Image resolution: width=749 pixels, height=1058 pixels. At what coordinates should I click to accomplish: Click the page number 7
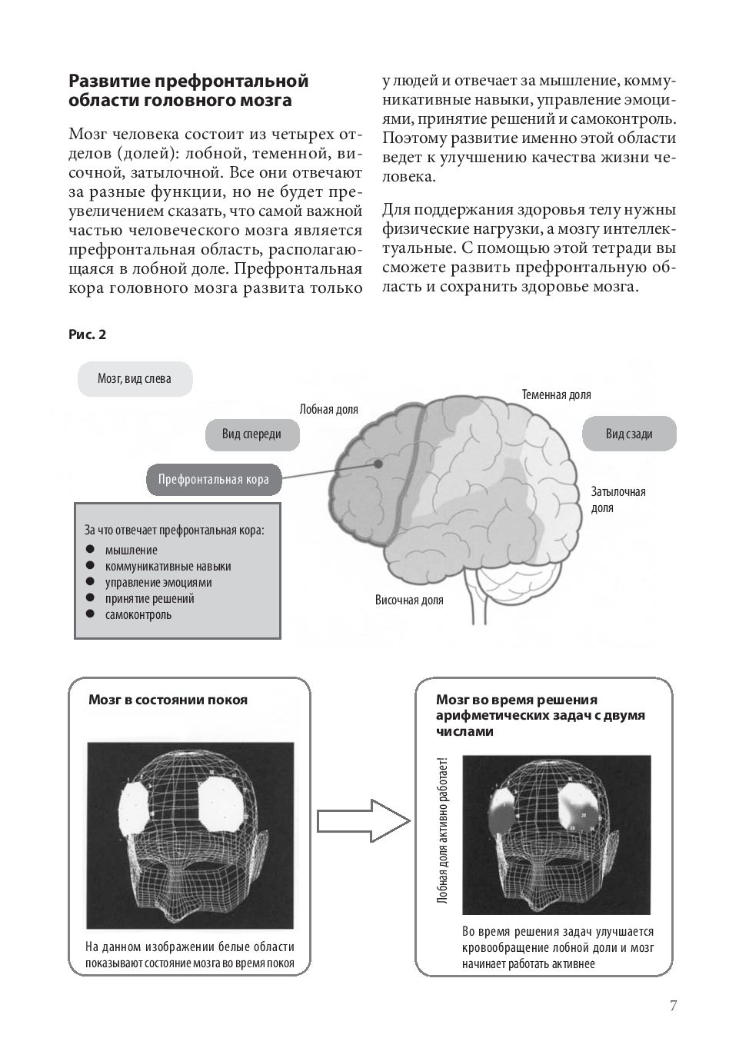tap(673, 1006)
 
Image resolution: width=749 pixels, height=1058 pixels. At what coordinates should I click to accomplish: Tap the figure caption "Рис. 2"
tap(87, 334)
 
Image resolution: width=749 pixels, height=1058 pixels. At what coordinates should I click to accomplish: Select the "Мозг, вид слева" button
tap(135, 379)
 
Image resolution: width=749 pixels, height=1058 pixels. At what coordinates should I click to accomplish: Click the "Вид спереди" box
tap(251, 434)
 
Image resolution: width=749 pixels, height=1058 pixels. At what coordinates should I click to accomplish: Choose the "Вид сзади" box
tap(629, 434)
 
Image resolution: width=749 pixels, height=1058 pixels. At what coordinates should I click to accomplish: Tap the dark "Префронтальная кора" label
tap(213, 480)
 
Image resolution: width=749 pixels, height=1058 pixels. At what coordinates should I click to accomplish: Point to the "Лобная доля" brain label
tap(328, 410)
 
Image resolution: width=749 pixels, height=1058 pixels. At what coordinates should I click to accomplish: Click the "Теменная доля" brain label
tap(556, 395)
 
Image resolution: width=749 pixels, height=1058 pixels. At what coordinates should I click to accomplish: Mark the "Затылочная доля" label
tap(618, 500)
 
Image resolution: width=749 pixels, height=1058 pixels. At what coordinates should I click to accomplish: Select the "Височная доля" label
tap(409, 601)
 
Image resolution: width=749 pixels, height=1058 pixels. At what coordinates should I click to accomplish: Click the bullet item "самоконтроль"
tap(138, 615)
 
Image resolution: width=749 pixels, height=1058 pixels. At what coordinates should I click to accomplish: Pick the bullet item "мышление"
tap(131, 551)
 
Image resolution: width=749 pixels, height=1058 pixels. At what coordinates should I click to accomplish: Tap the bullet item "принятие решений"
tap(149, 599)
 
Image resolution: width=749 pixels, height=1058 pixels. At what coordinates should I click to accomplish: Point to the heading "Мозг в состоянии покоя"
tap(168, 700)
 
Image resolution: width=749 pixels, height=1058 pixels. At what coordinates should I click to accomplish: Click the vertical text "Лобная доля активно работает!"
tap(442, 830)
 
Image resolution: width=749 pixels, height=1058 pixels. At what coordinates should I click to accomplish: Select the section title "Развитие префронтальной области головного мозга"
tap(188, 90)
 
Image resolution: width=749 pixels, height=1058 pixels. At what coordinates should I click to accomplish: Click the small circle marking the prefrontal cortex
tap(378, 464)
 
